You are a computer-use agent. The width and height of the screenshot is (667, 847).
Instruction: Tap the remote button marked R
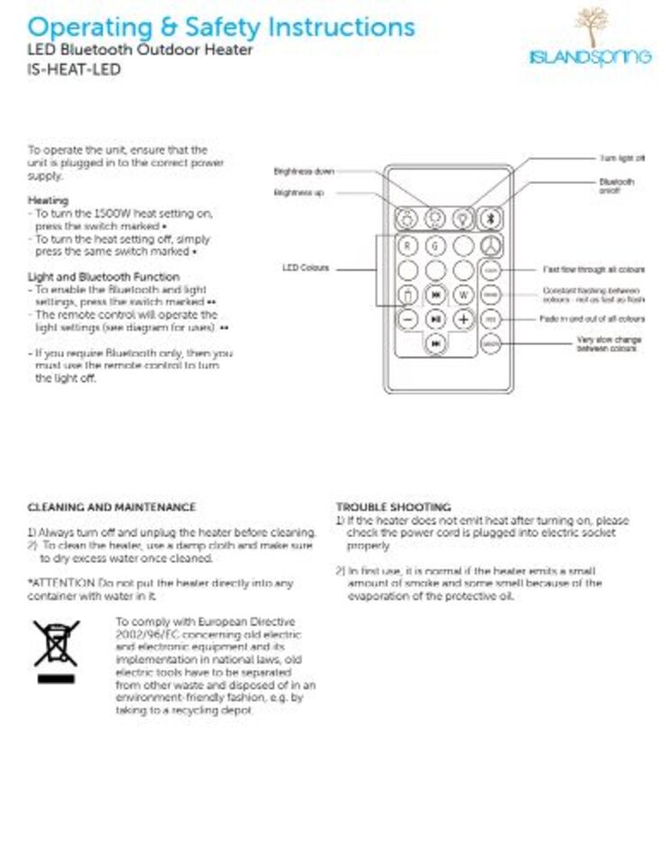pos(407,245)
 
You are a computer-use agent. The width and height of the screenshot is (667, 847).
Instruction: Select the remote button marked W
pos(462,295)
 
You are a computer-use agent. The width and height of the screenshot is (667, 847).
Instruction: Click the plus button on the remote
pos(462,319)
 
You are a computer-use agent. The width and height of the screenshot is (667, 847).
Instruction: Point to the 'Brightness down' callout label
pos(304,171)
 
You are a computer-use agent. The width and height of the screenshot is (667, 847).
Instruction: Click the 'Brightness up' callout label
pos(298,193)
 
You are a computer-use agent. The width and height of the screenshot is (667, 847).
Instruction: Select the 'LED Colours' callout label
pos(306,269)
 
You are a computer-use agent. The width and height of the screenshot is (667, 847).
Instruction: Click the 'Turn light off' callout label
pos(622,159)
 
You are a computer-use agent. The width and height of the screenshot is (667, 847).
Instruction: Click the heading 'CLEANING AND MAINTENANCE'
pos(112,507)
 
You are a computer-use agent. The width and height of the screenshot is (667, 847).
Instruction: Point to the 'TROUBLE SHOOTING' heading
pos(393,507)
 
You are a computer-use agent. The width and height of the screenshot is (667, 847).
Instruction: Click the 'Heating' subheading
pos(48,200)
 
